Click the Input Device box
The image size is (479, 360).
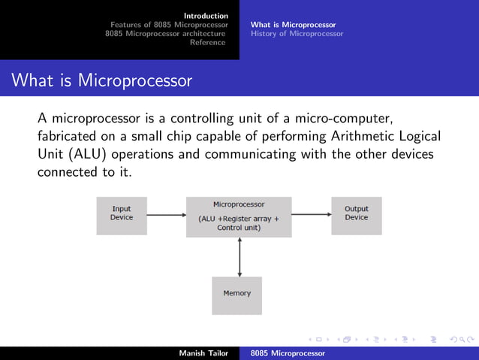pyautogui.click(x=122, y=216)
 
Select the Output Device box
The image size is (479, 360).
pyautogui.click(x=357, y=215)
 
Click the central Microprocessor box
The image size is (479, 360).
pyautogui.click(x=239, y=216)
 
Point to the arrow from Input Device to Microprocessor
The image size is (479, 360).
pyautogui.click(x=166, y=215)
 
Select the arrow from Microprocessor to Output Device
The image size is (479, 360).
pyautogui.click(x=311, y=215)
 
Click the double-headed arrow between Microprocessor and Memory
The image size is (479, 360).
pyautogui.click(x=239, y=256)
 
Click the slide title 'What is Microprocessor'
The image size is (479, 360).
pyautogui.click(x=102, y=80)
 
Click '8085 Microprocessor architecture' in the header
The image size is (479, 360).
pyautogui.click(x=165, y=34)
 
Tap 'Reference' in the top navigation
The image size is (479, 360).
pyautogui.click(x=207, y=43)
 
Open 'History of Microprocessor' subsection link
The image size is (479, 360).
pyautogui.click(x=297, y=34)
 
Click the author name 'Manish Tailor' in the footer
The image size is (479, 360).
pyautogui.click(x=203, y=352)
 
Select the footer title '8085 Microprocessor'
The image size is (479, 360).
pyautogui.click(x=288, y=352)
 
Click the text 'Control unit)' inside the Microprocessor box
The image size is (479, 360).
pyautogui.click(x=239, y=228)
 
